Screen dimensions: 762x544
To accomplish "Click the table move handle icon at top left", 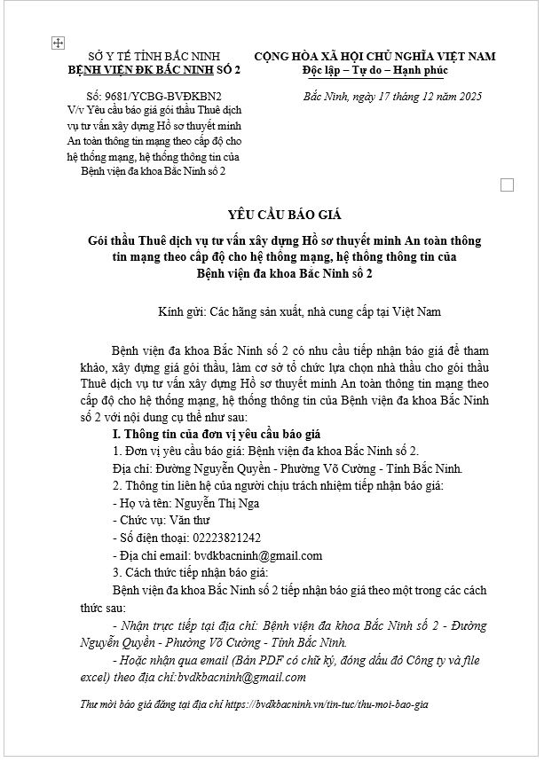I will [59, 42].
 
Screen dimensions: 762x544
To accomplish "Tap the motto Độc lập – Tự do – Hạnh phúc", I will [374, 70].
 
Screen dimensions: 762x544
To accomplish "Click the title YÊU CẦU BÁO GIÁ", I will [272, 216].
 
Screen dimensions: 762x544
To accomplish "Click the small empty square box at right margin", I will [508, 185].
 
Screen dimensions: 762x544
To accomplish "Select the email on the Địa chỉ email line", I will [258, 555].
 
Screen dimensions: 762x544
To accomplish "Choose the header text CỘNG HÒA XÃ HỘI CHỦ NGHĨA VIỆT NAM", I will [374, 57].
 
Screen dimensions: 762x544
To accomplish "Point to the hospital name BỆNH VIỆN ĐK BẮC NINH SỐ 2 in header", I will [147, 70].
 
